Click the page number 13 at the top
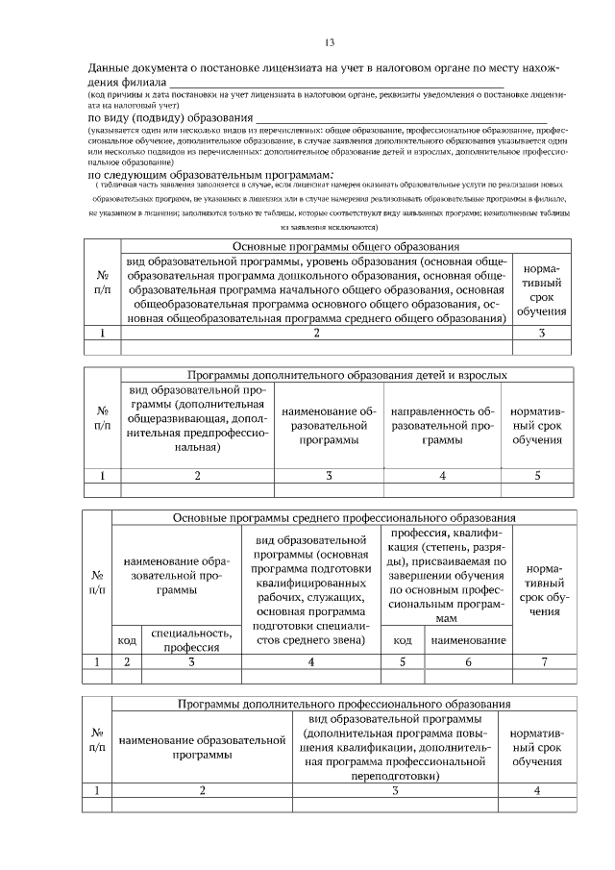pos(329,43)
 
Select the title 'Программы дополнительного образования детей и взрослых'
pos(347,374)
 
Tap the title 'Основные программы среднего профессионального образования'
pos(344,517)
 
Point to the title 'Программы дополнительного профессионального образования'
pos(344,704)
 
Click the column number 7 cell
pos(544,661)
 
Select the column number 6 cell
pos(468,661)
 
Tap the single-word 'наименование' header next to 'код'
pos(468,639)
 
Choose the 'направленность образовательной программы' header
pos(442,425)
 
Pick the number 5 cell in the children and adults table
pos(536,475)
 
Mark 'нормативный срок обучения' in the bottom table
pos(536,747)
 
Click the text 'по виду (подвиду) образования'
pos(164,117)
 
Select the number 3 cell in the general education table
pos(541,333)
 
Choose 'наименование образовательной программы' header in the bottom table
pos(202,747)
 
